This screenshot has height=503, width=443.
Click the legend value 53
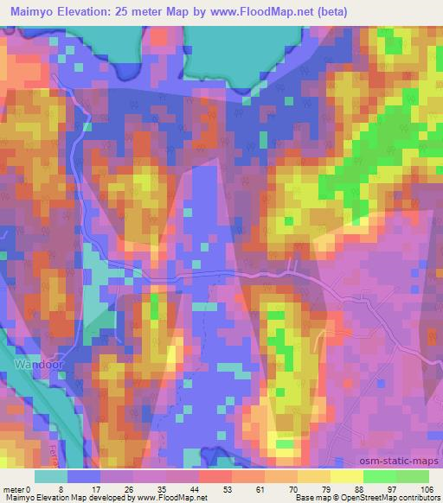201,488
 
